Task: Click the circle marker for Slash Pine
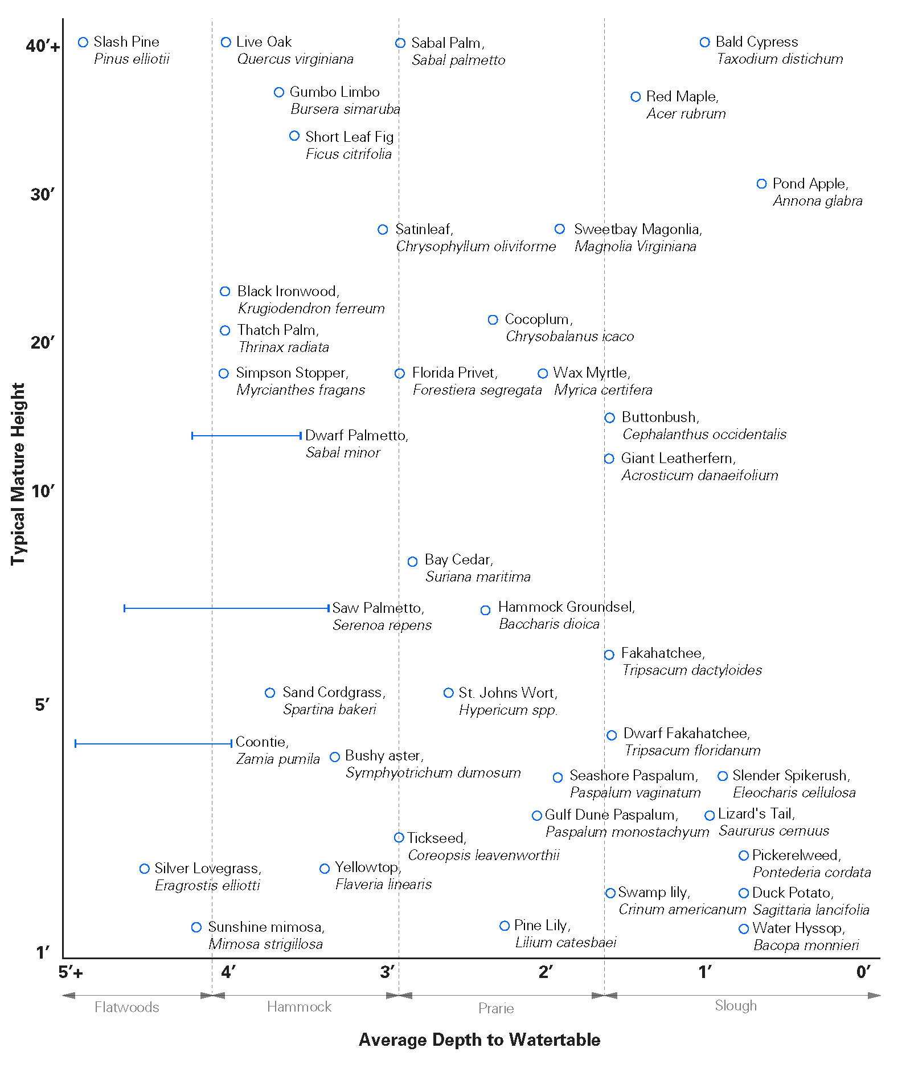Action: pyautogui.click(x=83, y=42)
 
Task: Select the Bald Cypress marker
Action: pyautogui.click(x=704, y=42)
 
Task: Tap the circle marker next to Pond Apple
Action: pyautogui.click(x=761, y=184)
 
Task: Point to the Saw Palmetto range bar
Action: pyautogui.click(x=227, y=608)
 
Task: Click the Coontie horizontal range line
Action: pyautogui.click(x=154, y=743)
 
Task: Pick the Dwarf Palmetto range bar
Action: pyautogui.click(x=247, y=436)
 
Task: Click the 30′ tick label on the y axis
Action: pyautogui.click(x=43, y=195)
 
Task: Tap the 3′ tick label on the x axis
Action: pyautogui.click(x=388, y=972)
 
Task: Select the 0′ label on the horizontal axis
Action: pyautogui.click(x=863, y=972)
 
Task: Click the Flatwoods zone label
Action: pyautogui.click(x=126, y=1007)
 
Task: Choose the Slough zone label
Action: pyautogui.click(x=736, y=1006)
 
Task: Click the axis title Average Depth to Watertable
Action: pyautogui.click(x=479, y=1040)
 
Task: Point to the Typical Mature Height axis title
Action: pyautogui.click(x=18, y=474)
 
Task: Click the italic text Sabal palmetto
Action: pyautogui.click(x=458, y=60)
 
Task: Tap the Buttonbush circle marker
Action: pyautogui.click(x=609, y=418)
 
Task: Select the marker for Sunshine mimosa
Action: pyautogui.click(x=196, y=927)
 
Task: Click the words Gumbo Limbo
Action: pyautogui.click(x=334, y=92)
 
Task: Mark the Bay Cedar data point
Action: pyautogui.click(x=413, y=562)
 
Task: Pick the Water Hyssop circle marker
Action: pyautogui.click(x=744, y=929)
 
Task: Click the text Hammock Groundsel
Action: pyautogui.click(x=566, y=607)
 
